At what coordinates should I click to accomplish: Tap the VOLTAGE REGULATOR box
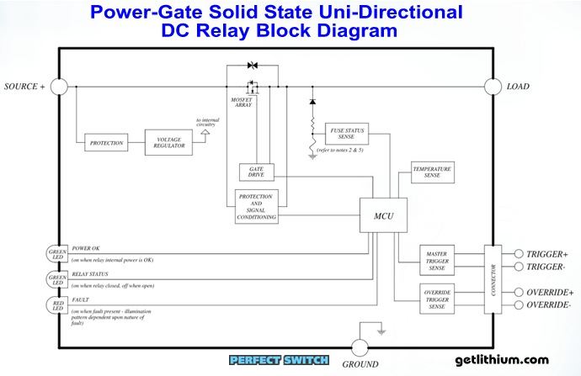168,143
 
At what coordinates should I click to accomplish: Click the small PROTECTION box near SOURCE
107,143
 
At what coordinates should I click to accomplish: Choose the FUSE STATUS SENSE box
347,135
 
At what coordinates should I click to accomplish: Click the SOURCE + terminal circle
58,87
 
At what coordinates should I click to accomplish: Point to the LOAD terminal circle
493,87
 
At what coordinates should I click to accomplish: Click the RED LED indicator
57,304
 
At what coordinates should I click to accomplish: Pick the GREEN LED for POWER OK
57,253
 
